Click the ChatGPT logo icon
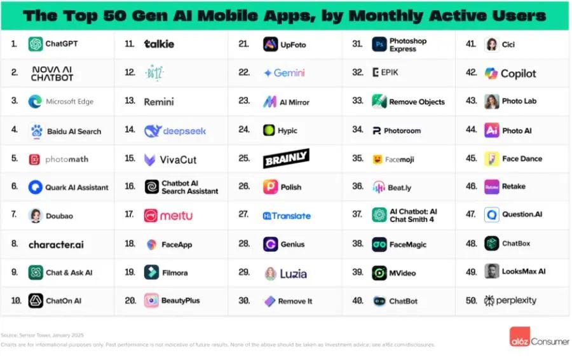[x=36, y=44]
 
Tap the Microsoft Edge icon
[x=36, y=102]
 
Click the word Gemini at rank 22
[x=289, y=73]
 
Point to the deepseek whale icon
[x=153, y=131]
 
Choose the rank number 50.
[x=471, y=300]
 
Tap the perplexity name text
[x=516, y=300]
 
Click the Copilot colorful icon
[x=491, y=73]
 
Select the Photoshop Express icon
[x=379, y=45]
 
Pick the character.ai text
[x=56, y=244]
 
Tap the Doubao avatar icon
[x=36, y=216]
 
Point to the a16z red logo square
[x=520, y=337]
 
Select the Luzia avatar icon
[x=270, y=273]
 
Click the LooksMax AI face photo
[x=491, y=272]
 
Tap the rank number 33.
[x=357, y=102]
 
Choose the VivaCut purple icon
[x=151, y=160]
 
